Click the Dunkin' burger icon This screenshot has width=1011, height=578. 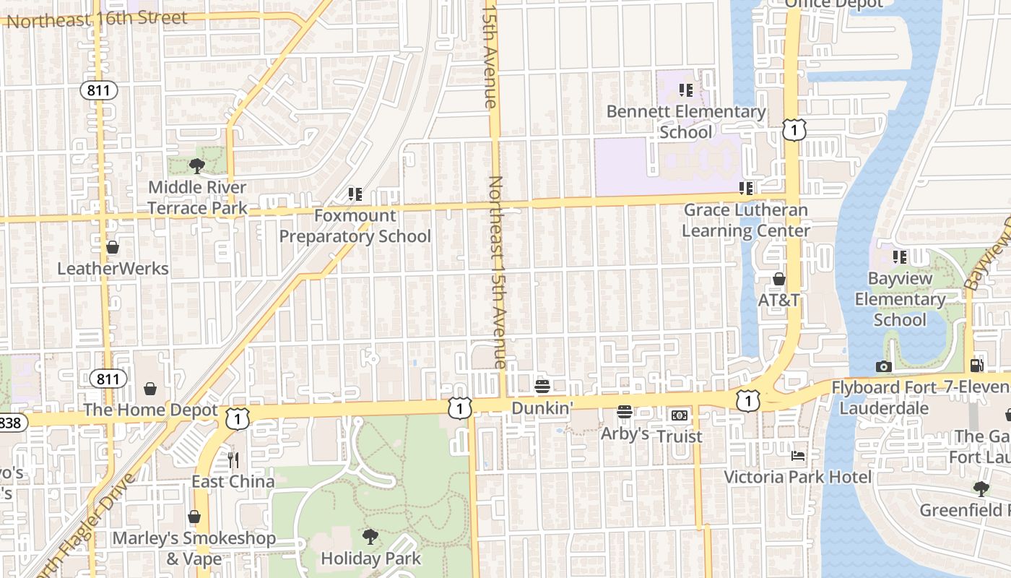[542, 387]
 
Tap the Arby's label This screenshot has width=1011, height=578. [625, 433]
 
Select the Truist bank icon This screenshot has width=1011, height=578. [679, 415]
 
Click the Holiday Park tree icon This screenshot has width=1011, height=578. [370, 536]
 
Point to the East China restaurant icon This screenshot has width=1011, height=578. [233, 460]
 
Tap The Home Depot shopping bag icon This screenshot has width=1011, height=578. [150, 389]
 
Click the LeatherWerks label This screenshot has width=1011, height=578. [113, 269]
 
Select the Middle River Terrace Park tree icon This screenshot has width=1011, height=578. [196, 167]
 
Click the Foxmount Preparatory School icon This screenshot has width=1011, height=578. [355, 194]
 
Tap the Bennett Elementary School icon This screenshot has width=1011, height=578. [685, 90]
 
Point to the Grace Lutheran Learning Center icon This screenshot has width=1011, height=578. [746, 189]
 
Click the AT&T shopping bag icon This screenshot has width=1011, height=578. [778, 279]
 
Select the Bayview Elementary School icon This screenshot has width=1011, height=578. [899, 257]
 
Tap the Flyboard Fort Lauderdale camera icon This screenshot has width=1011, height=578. [883, 366]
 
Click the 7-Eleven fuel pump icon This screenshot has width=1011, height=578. [976, 366]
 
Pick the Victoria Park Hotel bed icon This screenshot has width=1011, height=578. [797, 456]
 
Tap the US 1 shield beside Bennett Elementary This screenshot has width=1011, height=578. [794, 130]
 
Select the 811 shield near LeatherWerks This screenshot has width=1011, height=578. [98, 90]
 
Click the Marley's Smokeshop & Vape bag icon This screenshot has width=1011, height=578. [194, 517]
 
